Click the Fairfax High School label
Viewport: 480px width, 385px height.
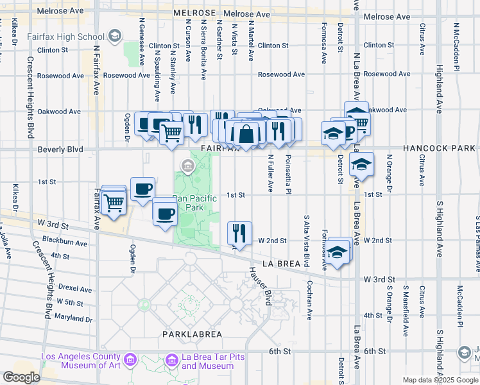click(x=65, y=37)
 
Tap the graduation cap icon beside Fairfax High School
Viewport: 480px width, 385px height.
click(x=116, y=36)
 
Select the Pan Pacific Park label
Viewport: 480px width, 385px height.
click(x=196, y=203)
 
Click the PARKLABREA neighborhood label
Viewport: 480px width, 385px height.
click(x=192, y=334)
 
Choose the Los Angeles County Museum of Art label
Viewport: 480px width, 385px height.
click(x=80, y=361)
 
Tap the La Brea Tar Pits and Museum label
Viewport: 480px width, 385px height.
click(x=207, y=361)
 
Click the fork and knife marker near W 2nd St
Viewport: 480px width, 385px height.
click(x=239, y=233)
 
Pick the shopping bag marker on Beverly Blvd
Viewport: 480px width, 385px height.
click(x=246, y=134)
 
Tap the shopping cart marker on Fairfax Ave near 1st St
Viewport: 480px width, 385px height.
click(x=114, y=202)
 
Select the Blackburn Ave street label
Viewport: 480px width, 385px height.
click(x=64, y=243)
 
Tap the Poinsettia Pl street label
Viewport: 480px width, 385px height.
click(x=289, y=174)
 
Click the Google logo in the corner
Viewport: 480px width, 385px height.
click(x=22, y=377)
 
